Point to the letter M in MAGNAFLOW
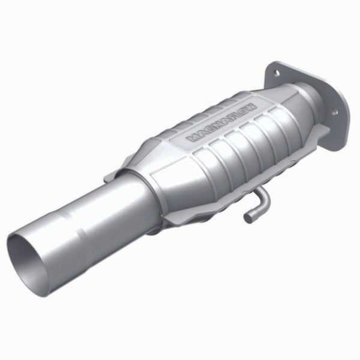pos(193,138)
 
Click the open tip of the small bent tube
pos(247,218)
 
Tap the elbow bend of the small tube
pos(263,197)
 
